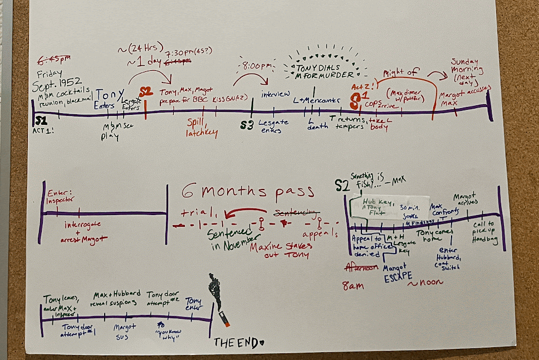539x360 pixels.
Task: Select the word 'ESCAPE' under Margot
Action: click(x=397, y=276)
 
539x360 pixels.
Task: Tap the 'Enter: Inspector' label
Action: click(x=61, y=195)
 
